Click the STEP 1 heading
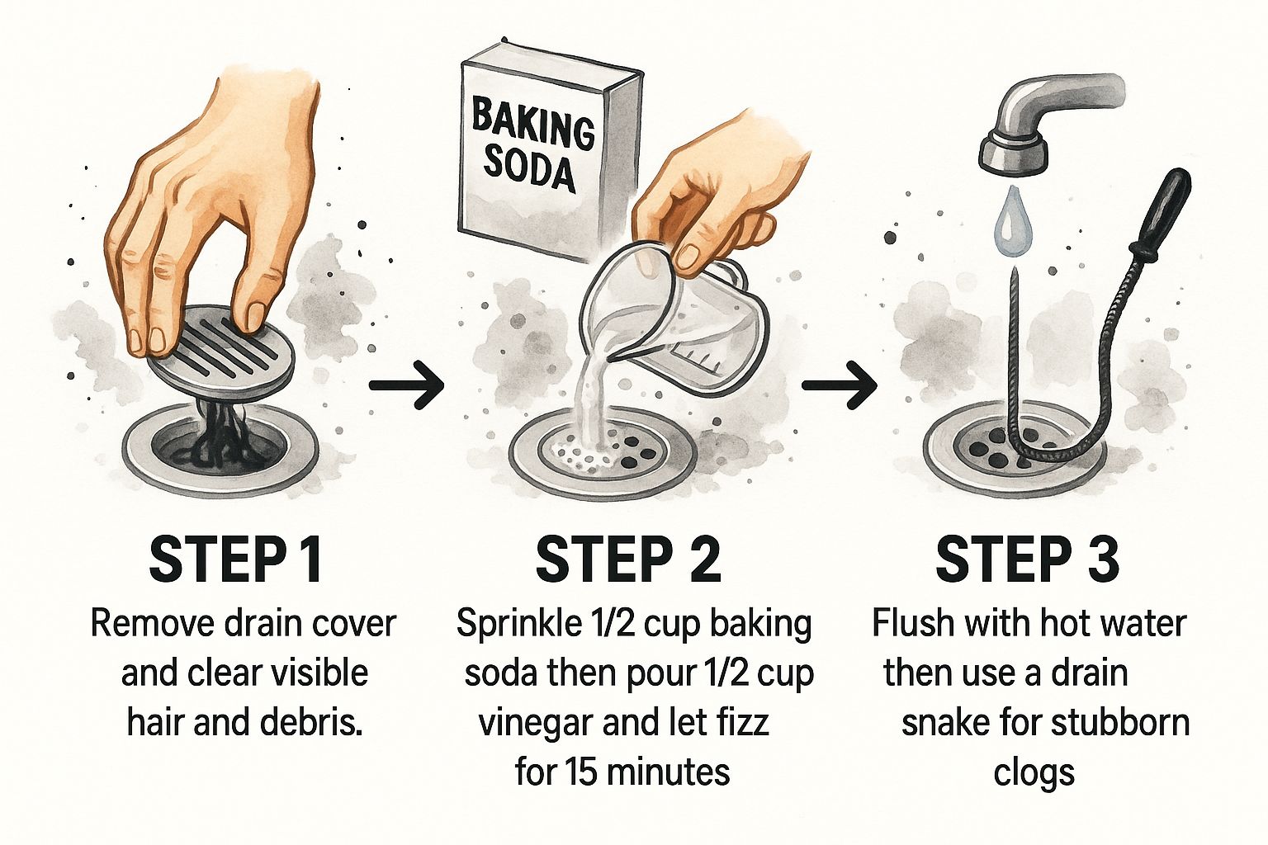coord(236,560)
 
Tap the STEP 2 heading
coord(629,560)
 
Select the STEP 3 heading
coord(1028,560)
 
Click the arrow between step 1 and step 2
coord(406,385)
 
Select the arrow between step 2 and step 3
coord(839,385)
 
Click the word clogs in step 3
coord(1034,773)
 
